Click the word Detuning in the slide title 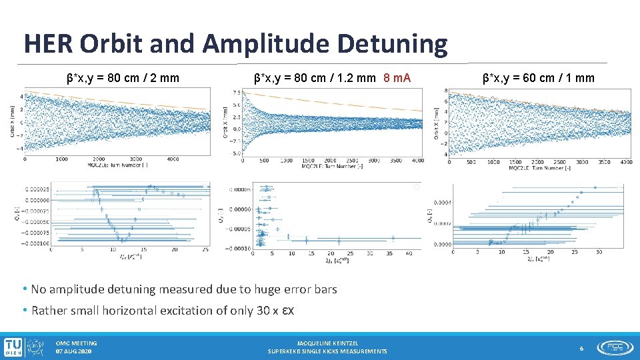(392, 43)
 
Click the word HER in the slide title (47, 43)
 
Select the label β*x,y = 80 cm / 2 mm (123, 78)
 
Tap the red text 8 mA (397, 78)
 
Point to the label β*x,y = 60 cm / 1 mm (539, 78)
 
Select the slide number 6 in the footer (581, 348)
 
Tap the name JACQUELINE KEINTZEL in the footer (327, 343)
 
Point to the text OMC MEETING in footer (76, 343)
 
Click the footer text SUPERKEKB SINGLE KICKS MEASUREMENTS (327, 351)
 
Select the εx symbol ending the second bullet (289, 310)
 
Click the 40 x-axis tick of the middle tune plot (409, 253)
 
